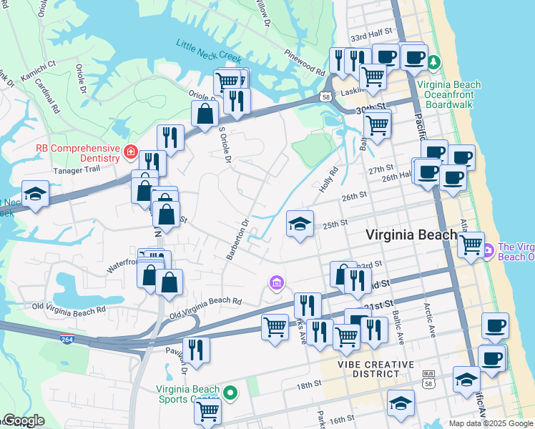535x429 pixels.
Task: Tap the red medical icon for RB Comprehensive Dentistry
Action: [130, 151]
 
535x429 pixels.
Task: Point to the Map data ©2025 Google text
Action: [489, 423]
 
